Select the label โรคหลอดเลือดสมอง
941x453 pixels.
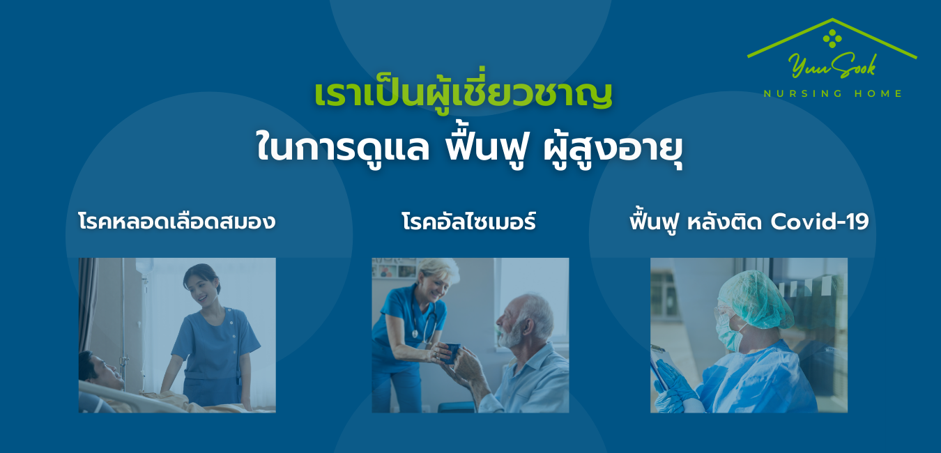[x=177, y=221]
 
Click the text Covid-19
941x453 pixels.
[x=820, y=221]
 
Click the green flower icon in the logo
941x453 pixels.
[x=832, y=38]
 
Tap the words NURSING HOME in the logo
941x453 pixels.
[x=833, y=93]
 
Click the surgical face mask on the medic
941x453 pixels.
[x=731, y=335]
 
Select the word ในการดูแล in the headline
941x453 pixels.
[x=343, y=147]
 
